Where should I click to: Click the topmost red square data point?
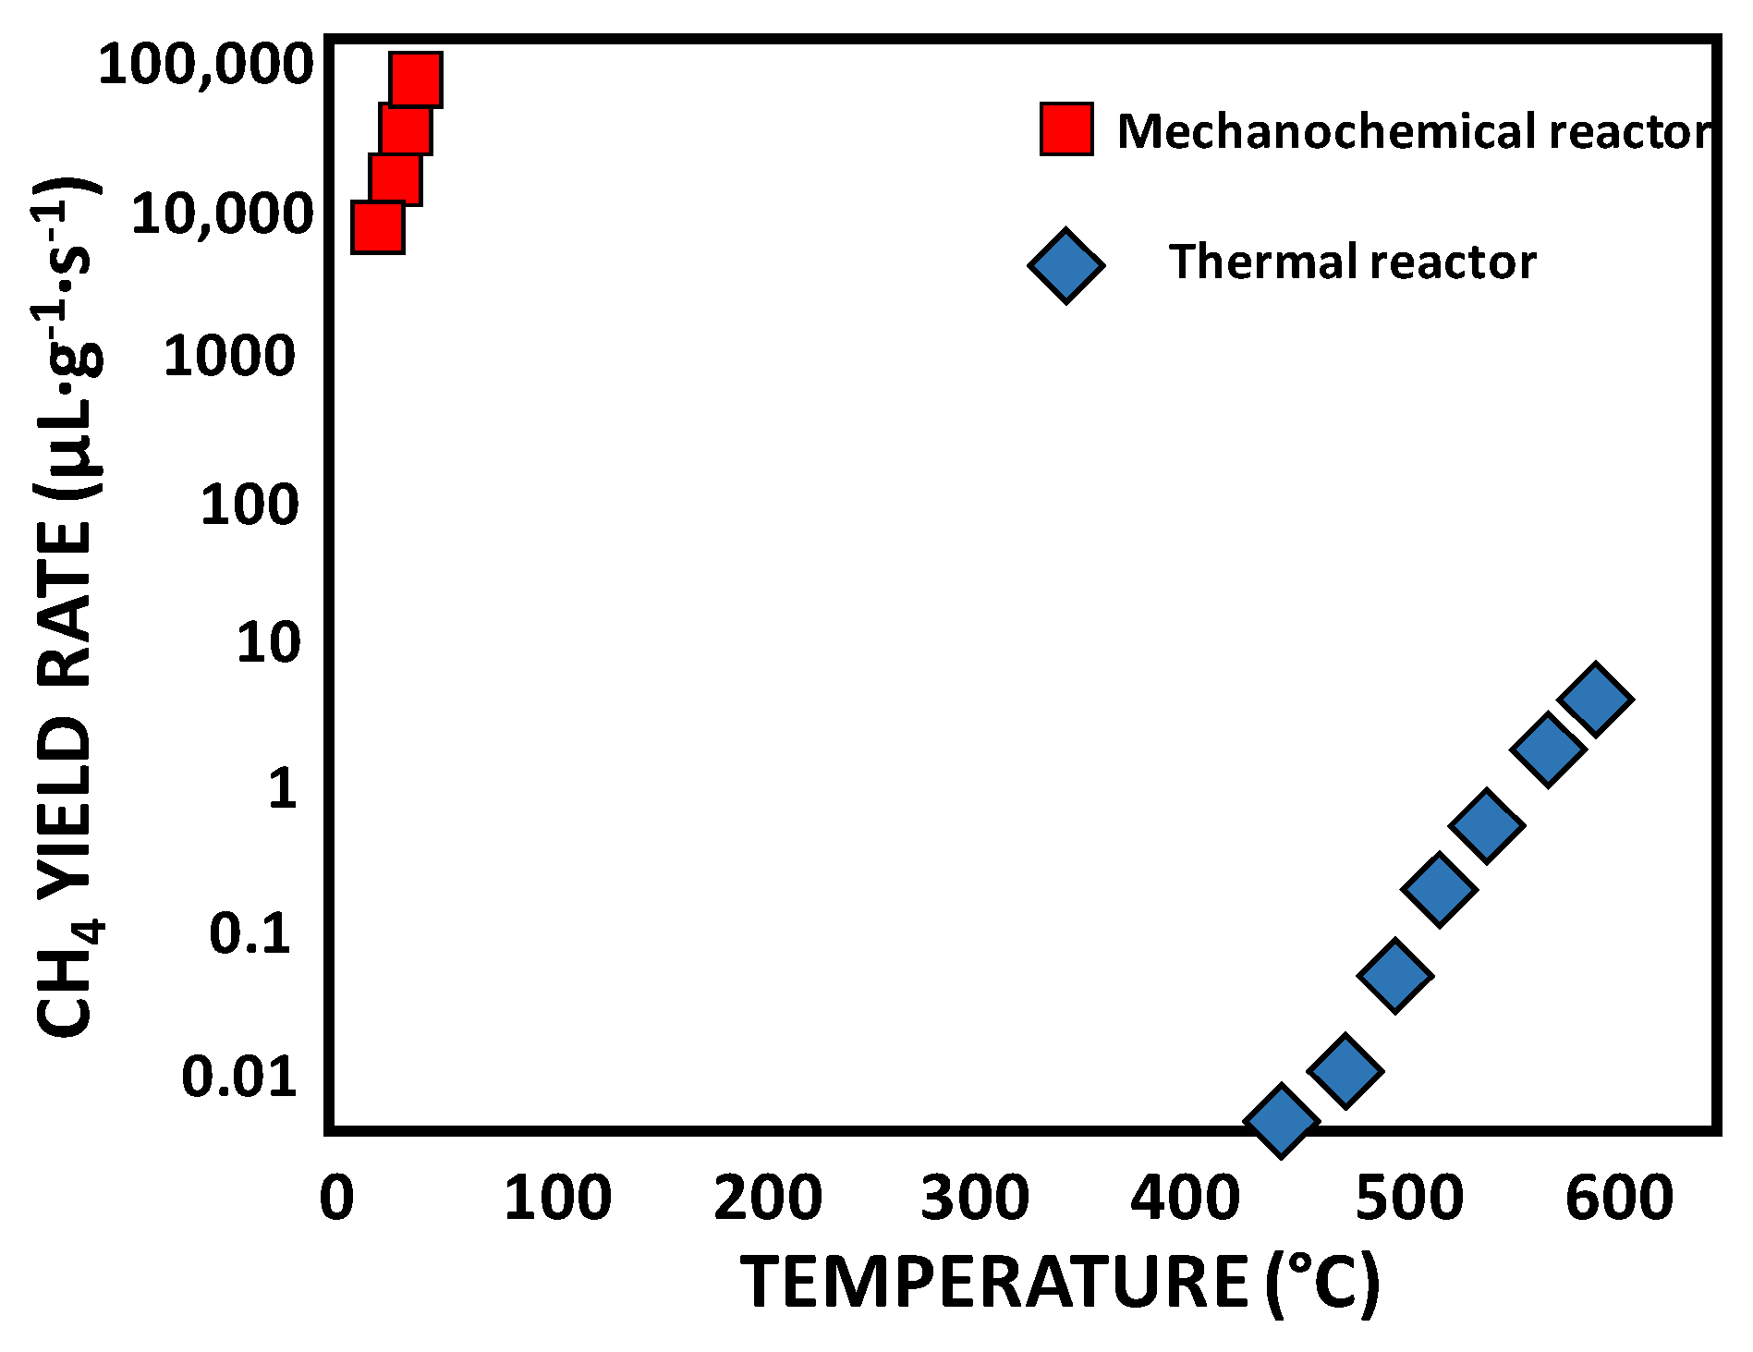pos(416,79)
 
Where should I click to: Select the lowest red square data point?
pos(377,227)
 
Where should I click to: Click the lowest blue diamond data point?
pos(1281,1120)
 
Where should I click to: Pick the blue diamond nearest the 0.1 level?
pos(1395,975)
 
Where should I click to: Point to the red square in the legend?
pos(1066,128)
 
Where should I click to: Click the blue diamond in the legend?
pos(1065,265)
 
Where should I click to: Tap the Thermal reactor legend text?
pos(1352,262)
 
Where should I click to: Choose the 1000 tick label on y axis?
pos(229,356)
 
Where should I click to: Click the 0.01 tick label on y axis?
pos(239,1077)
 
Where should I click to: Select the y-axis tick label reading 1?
pos(282,788)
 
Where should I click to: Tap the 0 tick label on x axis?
pos(336,1199)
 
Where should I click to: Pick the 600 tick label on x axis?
pos(1619,1199)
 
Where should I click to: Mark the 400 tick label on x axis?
pos(1186,1199)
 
